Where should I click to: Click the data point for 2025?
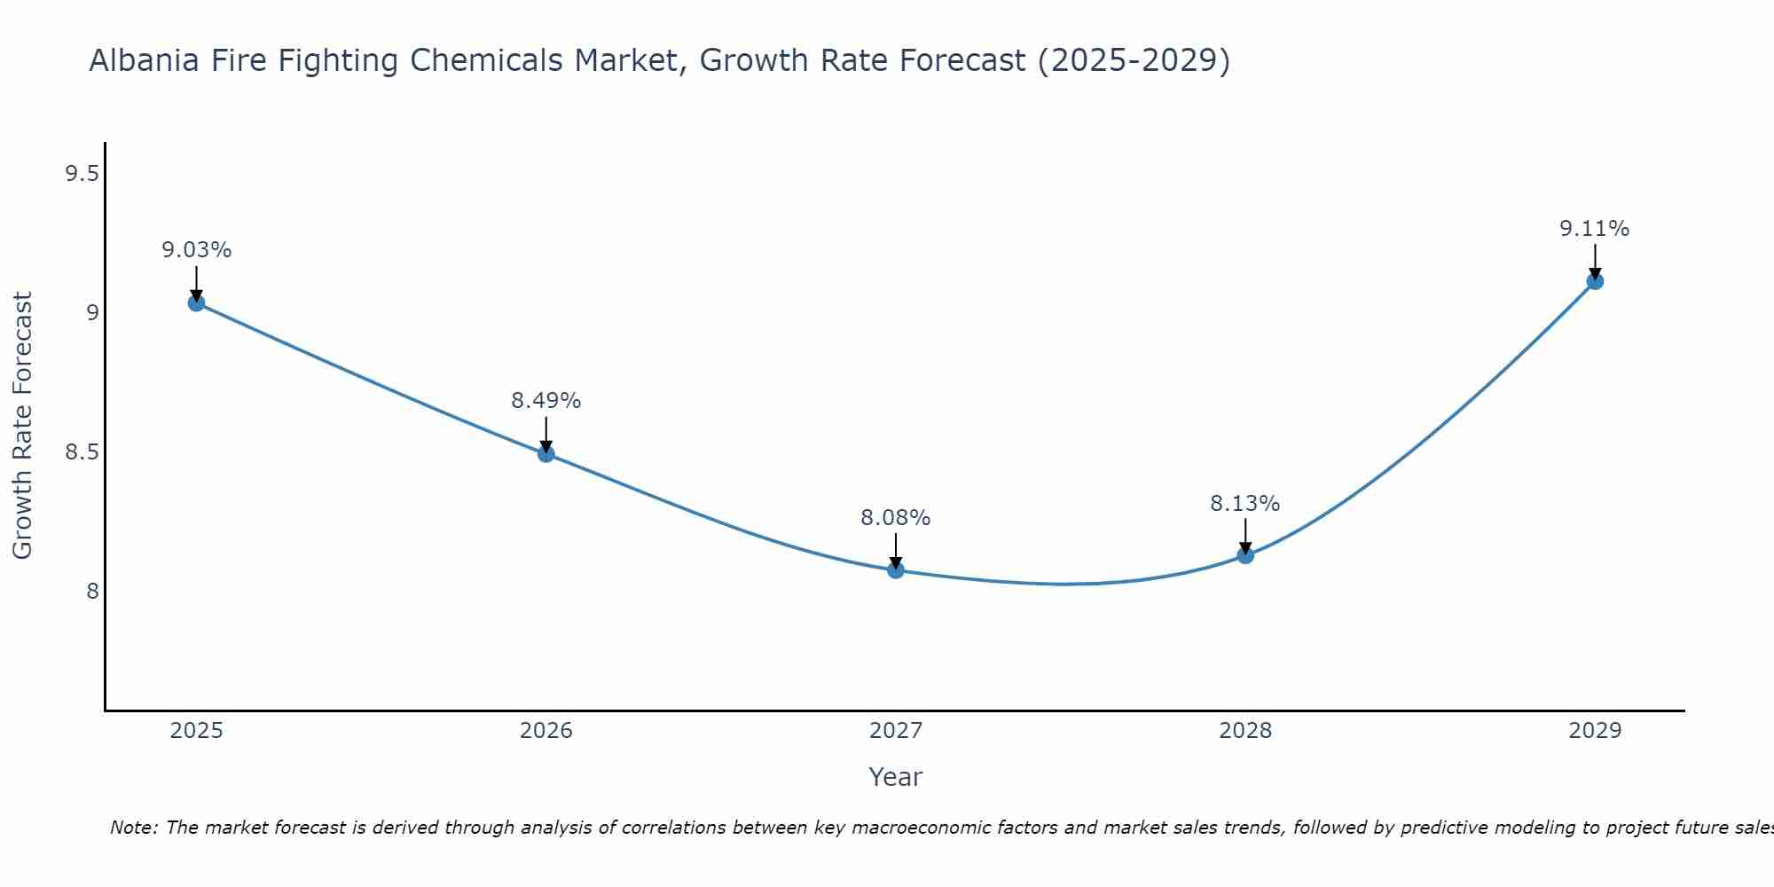(196, 303)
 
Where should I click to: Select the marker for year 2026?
(546, 454)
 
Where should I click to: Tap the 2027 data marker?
(896, 570)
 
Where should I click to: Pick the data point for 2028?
(1245, 555)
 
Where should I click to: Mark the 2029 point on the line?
(1595, 281)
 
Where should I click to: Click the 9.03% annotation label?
(196, 250)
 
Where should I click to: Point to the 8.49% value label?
(546, 401)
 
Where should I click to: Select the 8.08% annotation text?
(896, 518)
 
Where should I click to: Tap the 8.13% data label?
(1245, 504)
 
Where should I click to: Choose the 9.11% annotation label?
(1595, 229)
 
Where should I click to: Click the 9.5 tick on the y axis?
(82, 174)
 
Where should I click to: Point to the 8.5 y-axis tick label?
(82, 452)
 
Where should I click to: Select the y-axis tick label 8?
(92, 591)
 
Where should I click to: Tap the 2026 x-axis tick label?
(546, 731)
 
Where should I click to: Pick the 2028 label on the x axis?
(1245, 731)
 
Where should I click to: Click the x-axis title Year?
(896, 777)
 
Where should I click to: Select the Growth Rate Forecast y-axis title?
(22, 426)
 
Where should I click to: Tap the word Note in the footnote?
(133, 828)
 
